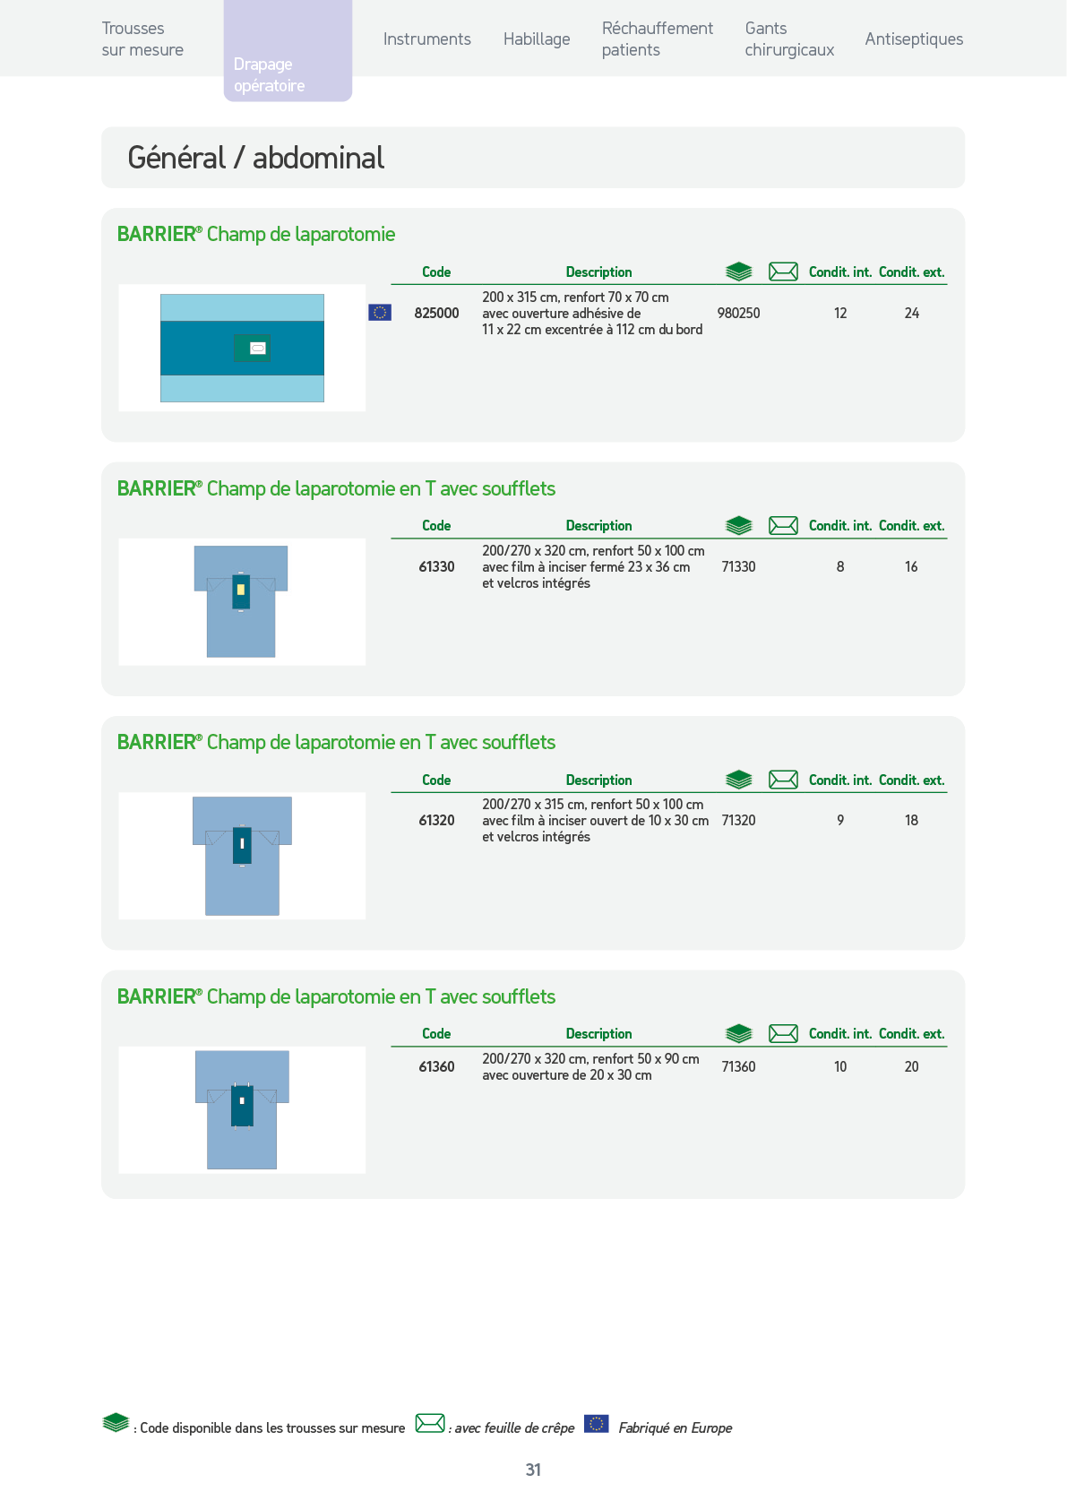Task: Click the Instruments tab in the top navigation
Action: (427, 39)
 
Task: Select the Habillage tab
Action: (537, 39)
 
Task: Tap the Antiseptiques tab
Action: (914, 39)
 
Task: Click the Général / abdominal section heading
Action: (256, 158)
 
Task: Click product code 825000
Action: (436, 314)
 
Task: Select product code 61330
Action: (436, 566)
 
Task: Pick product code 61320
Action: (436, 820)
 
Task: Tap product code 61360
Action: (436, 1066)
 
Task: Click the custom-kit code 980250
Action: (738, 314)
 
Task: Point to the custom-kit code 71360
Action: (738, 1066)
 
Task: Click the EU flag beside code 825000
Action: (380, 313)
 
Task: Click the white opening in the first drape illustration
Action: (258, 349)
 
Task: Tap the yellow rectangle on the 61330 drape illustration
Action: (240, 591)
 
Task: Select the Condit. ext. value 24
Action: (911, 314)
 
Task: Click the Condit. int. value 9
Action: (840, 820)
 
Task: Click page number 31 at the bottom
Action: (534, 1470)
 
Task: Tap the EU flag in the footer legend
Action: (596, 1424)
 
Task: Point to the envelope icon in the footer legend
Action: (430, 1424)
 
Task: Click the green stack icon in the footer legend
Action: (116, 1423)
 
